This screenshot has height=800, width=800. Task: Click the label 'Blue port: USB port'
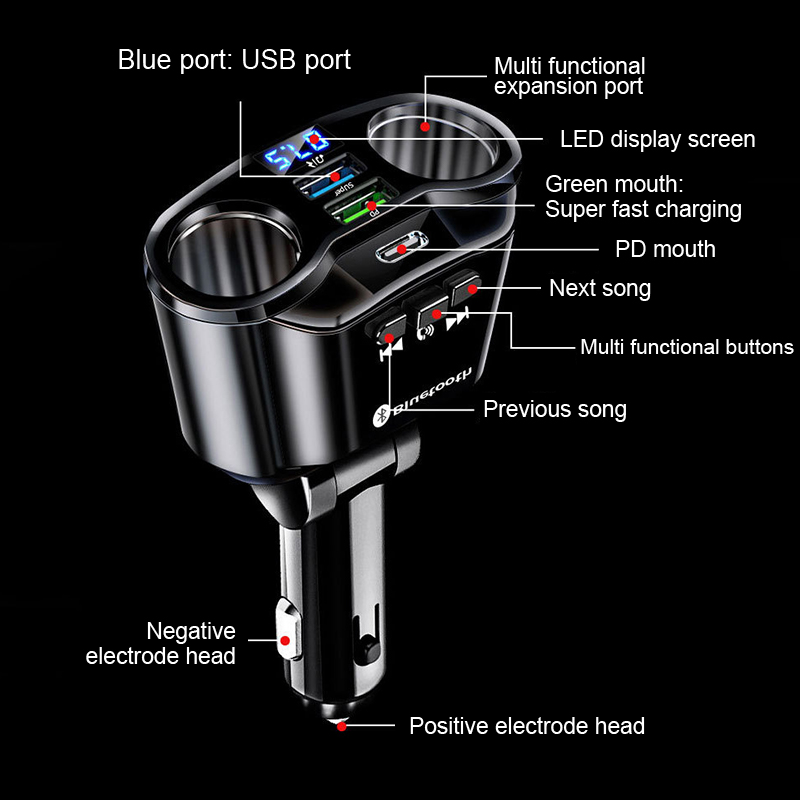(x=234, y=60)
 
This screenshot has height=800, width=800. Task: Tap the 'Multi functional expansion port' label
(x=569, y=76)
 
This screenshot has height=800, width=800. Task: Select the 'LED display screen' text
(x=657, y=139)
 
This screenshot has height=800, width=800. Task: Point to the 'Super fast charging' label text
(x=643, y=209)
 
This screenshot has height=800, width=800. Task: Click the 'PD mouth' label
(x=665, y=249)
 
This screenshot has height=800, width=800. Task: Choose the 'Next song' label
(x=600, y=289)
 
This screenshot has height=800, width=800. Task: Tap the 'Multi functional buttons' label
(x=687, y=347)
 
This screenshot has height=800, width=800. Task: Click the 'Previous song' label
(x=555, y=409)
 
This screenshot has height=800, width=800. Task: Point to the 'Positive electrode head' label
(x=527, y=726)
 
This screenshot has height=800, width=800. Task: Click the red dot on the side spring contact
(x=285, y=639)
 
